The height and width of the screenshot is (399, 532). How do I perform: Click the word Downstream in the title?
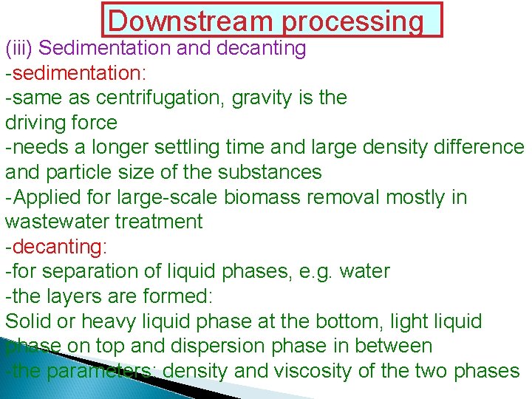click(191, 21)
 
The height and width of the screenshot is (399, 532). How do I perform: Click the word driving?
click(34, 123)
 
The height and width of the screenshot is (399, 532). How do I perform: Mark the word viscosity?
click(319, 371)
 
